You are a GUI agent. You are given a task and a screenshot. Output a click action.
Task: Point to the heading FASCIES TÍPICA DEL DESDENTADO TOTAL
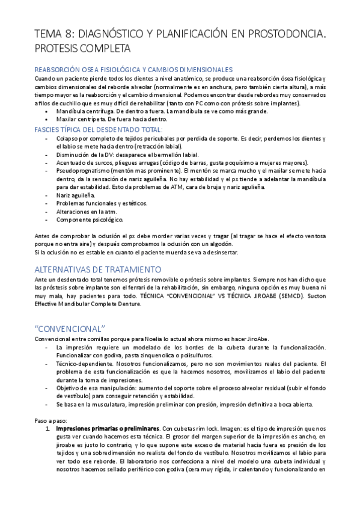99,129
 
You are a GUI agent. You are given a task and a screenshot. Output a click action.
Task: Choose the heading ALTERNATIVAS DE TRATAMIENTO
97,269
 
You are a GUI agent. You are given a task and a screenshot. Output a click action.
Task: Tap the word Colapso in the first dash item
67,138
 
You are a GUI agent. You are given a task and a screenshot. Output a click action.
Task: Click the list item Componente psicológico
89,220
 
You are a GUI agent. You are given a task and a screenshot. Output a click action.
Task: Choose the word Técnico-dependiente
85,364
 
